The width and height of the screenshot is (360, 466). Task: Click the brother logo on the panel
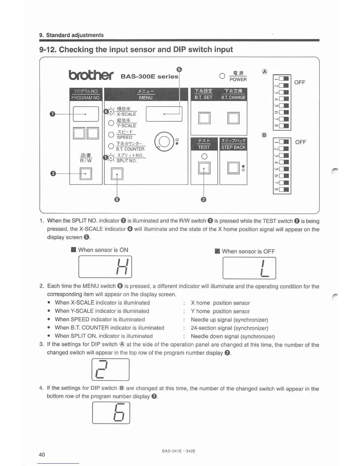[91, 75]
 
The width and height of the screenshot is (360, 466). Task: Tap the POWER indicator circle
[222, 76]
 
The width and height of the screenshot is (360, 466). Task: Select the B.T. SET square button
[204, 118]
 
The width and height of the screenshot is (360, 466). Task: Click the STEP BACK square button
[233, 168]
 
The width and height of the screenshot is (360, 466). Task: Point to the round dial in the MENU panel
[164, 142]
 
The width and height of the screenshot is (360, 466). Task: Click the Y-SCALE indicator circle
[111, 123]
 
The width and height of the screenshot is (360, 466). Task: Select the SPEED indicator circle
[111, 134]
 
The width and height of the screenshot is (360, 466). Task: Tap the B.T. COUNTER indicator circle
[111, 146]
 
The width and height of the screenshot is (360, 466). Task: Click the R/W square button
[86, 174]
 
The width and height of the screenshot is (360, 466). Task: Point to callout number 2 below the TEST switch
[204, 200]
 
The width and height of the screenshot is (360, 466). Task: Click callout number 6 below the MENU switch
[117, 200]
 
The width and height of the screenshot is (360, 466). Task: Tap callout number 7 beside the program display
[52, 114]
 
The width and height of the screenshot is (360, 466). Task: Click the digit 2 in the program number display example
[101, 370]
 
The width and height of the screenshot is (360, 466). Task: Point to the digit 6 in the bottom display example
[119, 413]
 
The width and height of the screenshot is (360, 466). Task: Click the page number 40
[42, 455]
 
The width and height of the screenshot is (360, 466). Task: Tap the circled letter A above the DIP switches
[265, 71]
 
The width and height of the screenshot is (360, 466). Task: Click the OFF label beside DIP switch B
[301, 142]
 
